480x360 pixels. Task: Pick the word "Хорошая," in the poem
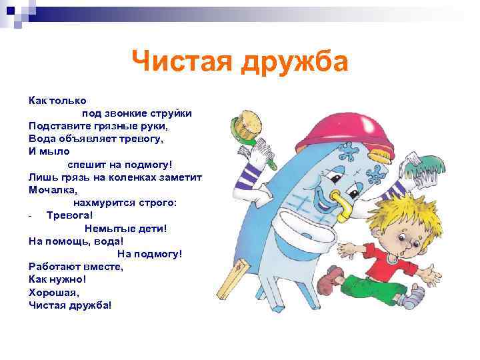coord(54,291)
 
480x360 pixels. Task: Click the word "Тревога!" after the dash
coord(69,215)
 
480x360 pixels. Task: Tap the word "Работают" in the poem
coord(55,266)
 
